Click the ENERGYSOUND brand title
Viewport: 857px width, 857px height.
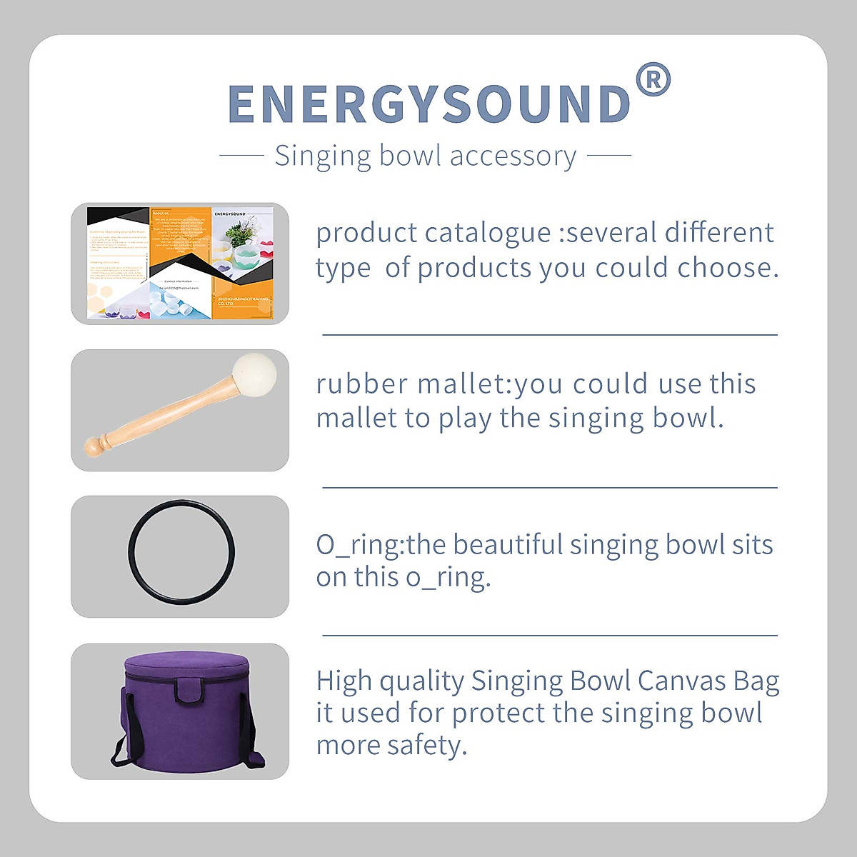point(428,104)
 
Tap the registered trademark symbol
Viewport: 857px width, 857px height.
point(652,80)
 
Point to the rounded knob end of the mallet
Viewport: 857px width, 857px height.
point(95,446)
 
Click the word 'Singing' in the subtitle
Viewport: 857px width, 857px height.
point(323,156)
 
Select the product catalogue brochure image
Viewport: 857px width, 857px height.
point(180,263)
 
